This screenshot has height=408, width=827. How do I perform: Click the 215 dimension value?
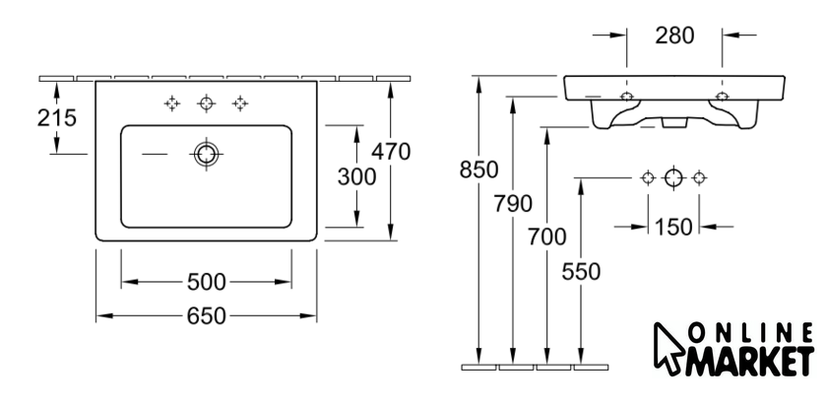pos(57,117)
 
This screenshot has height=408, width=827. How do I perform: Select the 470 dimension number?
pos(391,152)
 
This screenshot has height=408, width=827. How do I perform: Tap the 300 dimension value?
pos(357,177)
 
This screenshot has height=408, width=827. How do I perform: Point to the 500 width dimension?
pos(206,283)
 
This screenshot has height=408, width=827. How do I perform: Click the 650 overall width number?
pos(206,316)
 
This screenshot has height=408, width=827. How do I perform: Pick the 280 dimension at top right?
pos(674,35)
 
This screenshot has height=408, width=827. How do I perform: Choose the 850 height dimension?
pos(478,170)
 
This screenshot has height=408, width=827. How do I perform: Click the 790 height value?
pos(513,203)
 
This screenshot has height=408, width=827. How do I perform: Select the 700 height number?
pos(547,238)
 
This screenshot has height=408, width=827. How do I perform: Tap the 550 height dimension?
pos(581,272)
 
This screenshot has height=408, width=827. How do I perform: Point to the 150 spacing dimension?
pos(673,228)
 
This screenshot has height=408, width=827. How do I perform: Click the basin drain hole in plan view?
pos(206,154)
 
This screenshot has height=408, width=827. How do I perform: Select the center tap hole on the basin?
pos(206,103)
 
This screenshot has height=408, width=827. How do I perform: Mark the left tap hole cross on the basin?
pos(172,103)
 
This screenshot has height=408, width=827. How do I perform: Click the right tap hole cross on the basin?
pos(240,103)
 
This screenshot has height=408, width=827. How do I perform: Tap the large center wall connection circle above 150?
pos(673,177)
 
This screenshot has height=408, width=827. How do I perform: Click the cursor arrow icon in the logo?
pos(668,349)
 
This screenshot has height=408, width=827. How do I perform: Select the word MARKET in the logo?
pos(749,362)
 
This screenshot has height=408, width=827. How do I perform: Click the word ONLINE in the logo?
pos(750,333)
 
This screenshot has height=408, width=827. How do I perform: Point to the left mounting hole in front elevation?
pos(626,97)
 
